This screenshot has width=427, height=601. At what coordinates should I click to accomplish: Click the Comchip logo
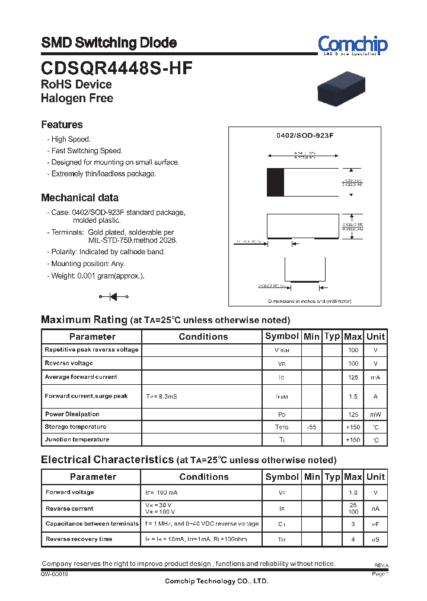coord(352,45)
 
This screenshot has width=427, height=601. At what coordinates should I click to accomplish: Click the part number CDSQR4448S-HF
coord(116,68)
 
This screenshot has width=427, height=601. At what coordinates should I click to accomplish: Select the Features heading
coord(62,125)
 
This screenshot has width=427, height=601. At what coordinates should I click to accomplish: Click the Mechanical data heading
coord(79,198)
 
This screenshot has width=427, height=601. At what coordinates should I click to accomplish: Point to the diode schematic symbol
coord(113,296)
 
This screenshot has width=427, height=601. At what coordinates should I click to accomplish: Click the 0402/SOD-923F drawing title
coord(305,135)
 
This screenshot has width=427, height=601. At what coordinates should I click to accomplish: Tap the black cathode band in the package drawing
coord(275,182)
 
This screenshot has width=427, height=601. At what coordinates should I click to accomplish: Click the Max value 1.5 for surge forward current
coord(353,396)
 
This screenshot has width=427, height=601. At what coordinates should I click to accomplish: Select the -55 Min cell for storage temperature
coord(311,427)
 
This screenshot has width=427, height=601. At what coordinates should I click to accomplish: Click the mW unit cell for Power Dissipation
coord(375,415)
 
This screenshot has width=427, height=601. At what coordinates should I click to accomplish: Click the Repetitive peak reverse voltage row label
coord(91,350)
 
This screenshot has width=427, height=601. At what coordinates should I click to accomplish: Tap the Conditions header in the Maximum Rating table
coord(203,337)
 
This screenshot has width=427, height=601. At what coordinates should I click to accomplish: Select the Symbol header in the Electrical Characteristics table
coord(282,477)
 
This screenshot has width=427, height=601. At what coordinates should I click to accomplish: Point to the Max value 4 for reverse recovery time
coord(353,540)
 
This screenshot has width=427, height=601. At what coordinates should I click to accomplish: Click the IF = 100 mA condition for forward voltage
coord(161,493)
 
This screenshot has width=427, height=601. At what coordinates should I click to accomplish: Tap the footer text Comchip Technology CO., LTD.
coord(216,581)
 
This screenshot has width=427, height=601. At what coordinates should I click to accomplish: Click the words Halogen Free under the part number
coord(77,99)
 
